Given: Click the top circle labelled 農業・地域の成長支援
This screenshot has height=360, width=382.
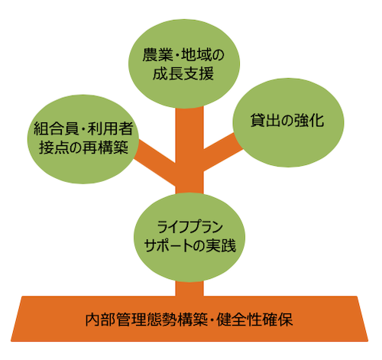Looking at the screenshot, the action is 184,63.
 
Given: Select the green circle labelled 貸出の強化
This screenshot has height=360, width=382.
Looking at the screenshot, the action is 288,122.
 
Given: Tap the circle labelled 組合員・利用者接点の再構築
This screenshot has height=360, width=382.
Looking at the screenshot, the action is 83,139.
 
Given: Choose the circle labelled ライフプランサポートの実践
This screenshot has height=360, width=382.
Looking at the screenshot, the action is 189,238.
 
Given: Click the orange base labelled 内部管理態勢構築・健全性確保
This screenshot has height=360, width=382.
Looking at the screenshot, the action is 189,319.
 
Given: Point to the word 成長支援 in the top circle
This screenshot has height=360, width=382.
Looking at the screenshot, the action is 183,74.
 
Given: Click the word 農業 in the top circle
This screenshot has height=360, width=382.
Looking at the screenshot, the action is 157,55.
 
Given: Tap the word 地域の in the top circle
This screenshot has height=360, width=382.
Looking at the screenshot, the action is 202,55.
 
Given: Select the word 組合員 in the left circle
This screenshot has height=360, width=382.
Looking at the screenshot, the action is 57,128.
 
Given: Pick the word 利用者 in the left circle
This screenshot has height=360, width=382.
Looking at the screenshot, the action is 110,128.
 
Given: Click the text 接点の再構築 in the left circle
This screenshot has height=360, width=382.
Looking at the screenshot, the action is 83,148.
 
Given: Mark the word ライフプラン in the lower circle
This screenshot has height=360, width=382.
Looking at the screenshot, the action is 190,227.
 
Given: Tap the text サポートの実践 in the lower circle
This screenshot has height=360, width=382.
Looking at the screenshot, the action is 190,245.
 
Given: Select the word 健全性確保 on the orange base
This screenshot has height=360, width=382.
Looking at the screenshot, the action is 255,319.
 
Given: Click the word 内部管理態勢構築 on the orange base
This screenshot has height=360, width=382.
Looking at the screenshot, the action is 147,319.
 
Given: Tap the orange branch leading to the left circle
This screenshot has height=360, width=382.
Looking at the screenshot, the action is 155,163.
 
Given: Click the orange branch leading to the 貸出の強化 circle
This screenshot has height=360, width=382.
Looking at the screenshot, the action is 222,151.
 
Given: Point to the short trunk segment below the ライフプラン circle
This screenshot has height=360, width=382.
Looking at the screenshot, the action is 189,288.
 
